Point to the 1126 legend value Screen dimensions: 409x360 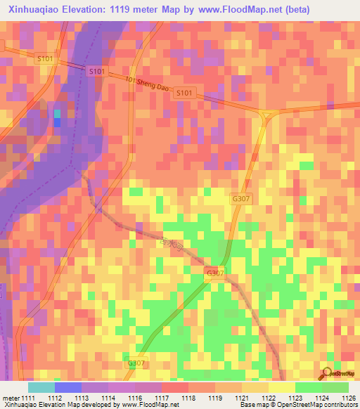click(349, 398)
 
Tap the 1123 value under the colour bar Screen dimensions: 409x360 click(295, 398)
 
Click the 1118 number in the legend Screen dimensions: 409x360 click(189, 398)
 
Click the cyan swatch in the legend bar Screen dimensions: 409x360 click(41, 387)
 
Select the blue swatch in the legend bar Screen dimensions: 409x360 click(68, 387)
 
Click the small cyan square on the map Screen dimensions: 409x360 click(58, 113)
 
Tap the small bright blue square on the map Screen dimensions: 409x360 click(58, 122)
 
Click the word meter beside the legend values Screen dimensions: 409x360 click(10, 398)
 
